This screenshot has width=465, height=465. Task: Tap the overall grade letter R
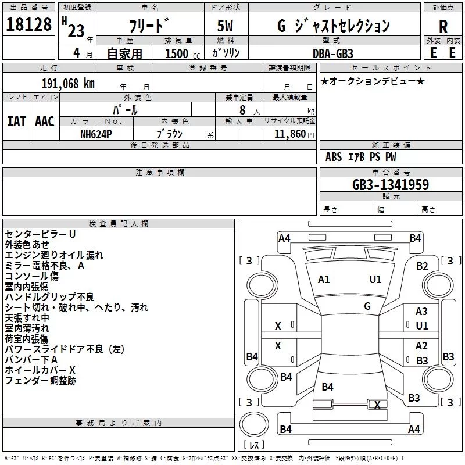coord(443,27)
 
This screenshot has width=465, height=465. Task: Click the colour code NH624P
coord(96,134)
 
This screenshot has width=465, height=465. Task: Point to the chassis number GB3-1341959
coord(391,185)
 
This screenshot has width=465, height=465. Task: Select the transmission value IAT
coord(16,121)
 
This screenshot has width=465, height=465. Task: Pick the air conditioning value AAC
coord(45,121)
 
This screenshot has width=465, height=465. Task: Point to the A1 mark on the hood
coord(324,280)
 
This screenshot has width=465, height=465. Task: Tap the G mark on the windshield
coord(367,306)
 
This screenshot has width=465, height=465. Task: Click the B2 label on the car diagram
coord(422,266)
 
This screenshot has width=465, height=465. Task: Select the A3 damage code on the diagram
coord(421,312)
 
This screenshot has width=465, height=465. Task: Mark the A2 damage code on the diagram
coord(421,346)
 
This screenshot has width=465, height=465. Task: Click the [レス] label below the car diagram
coord(254,445)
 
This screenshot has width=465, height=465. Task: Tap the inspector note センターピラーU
coord(41,234)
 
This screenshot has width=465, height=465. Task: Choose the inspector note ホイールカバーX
coord(40,370)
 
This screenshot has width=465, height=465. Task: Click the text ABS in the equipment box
coord(334,157)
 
